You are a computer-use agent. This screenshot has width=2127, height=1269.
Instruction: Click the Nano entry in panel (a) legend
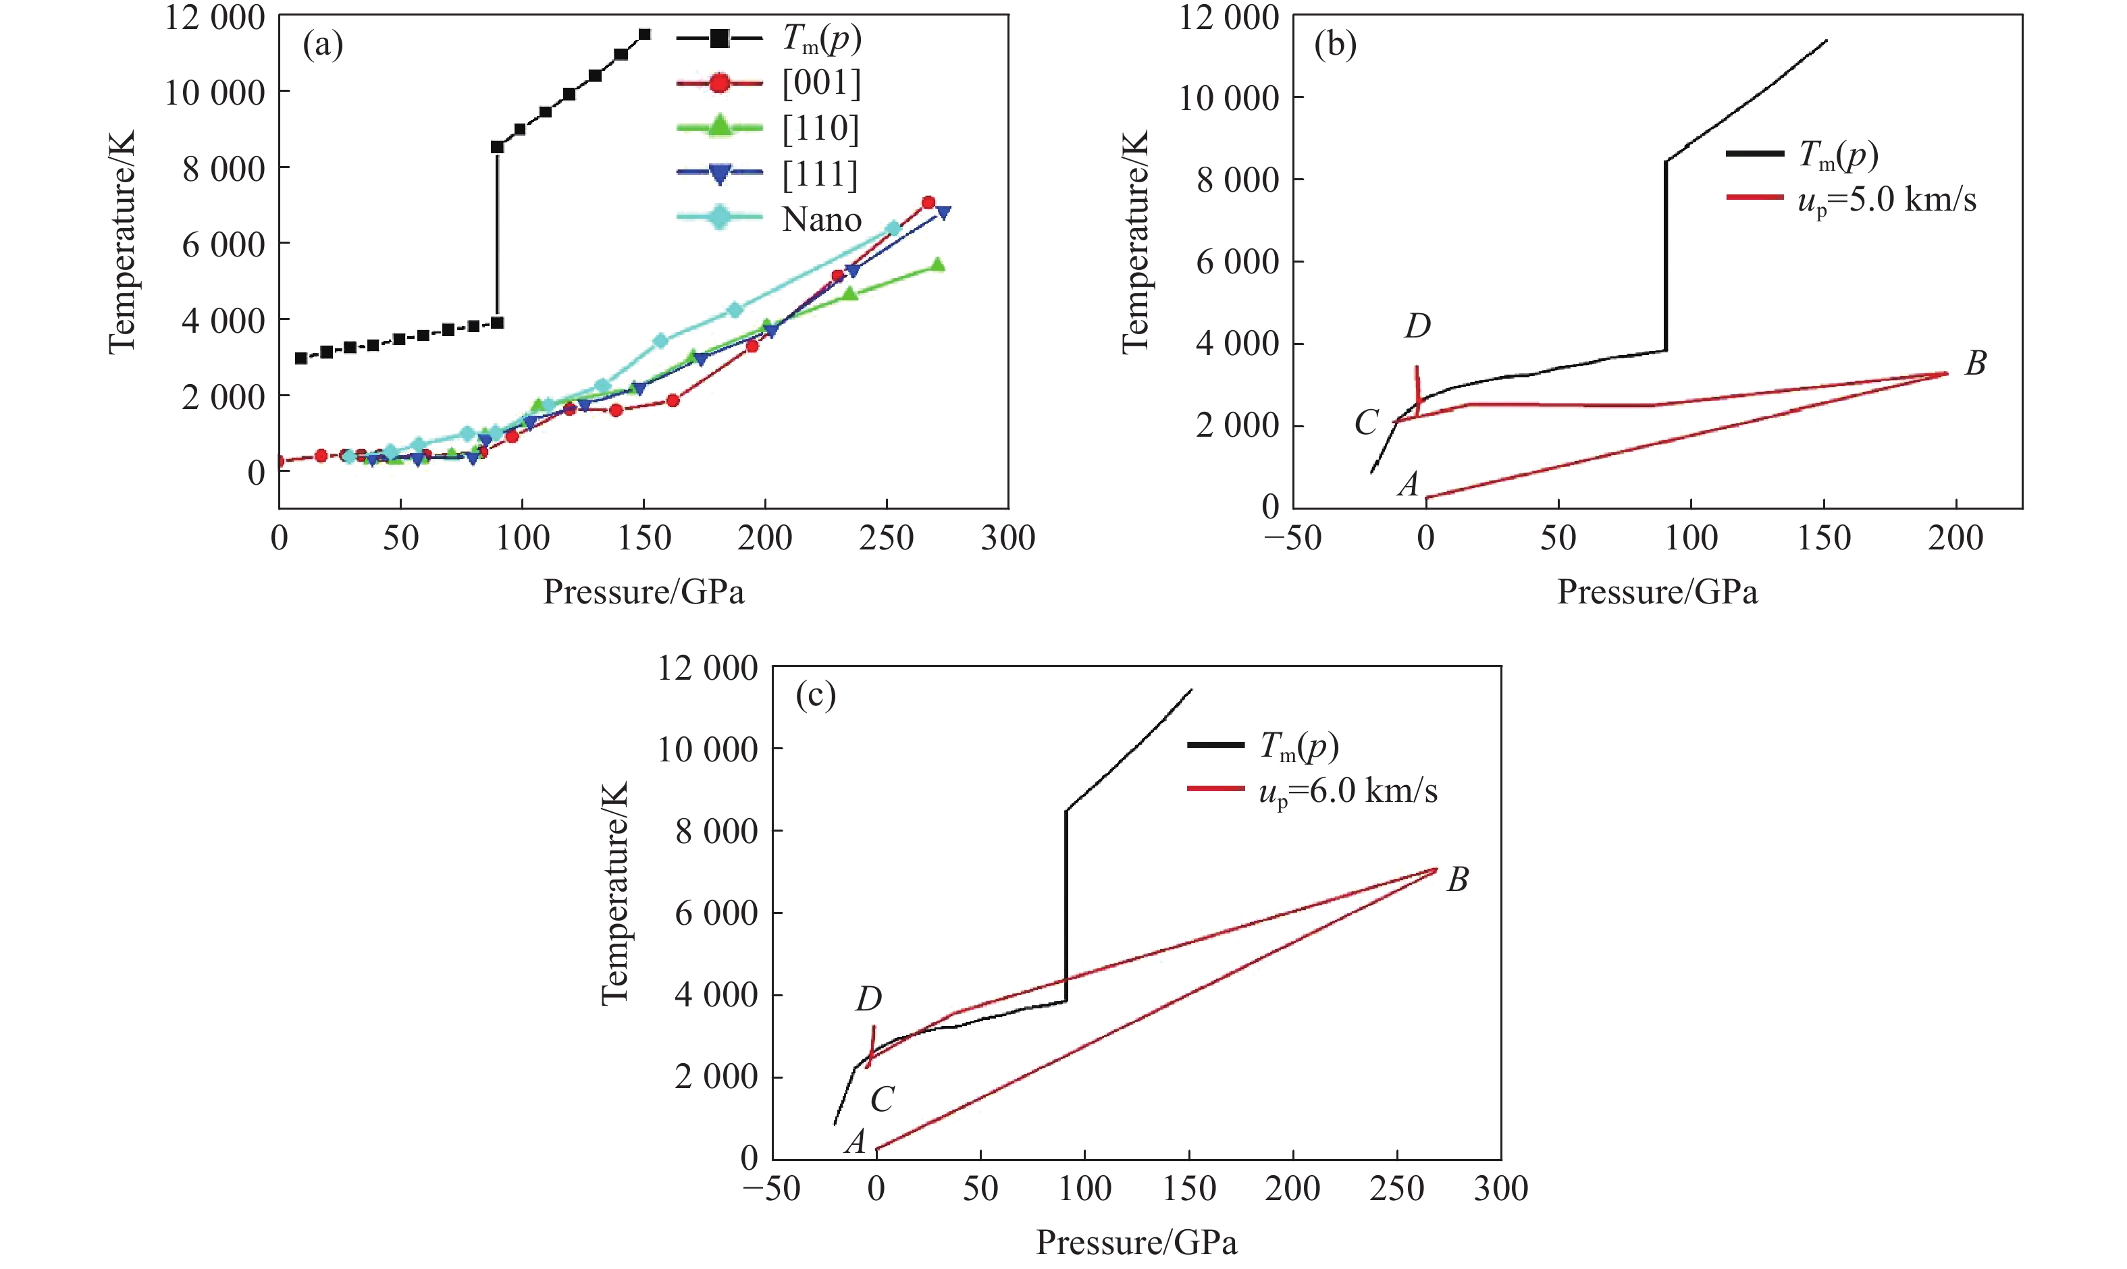(x=821, y=220)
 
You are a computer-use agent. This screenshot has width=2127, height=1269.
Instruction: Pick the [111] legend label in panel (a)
(x=819, y=174)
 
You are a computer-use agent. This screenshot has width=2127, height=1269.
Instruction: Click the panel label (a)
(x=323, y=45)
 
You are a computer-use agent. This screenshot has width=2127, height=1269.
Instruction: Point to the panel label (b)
(x=1335, y=45)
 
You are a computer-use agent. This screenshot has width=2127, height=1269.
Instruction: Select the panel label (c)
(x=815, y=695)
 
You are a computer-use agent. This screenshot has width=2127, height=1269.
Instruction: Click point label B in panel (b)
(x=1975, y=363)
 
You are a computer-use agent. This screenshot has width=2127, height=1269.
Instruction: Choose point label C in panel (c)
(x=882, y=1100)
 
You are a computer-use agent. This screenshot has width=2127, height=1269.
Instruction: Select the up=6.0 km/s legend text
(x=1348, y=792)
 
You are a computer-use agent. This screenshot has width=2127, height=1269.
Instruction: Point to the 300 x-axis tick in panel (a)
(x=1007, y=538)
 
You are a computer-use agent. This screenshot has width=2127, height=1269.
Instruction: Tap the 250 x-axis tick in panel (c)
(x=1396, y=1189)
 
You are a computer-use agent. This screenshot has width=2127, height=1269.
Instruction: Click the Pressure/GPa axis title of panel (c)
(x=1136, y=1243)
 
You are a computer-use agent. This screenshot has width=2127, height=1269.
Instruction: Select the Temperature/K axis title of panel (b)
(x=1135, y=242)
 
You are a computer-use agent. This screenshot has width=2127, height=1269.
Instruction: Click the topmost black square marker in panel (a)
(x=645, y=34)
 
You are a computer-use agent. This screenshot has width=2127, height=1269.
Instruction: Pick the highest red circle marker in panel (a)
(x=928, y=202)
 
